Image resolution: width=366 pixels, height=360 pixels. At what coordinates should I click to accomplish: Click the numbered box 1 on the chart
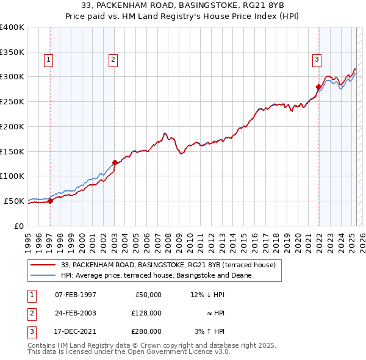(48, 59)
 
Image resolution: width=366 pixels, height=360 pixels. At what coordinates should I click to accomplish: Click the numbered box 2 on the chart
(113, 59)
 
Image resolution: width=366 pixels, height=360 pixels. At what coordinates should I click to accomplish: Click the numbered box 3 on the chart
(317, 59)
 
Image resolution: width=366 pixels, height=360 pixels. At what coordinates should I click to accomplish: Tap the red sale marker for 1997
(51, 201)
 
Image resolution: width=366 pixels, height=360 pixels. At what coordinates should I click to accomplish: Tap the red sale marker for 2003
(115, 162)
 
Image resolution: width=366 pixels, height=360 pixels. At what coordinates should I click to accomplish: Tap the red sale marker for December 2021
(318, 87)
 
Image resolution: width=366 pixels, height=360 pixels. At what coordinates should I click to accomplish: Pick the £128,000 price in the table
(147, 313)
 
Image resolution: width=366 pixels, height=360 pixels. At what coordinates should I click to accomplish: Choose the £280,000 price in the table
(147, 331)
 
